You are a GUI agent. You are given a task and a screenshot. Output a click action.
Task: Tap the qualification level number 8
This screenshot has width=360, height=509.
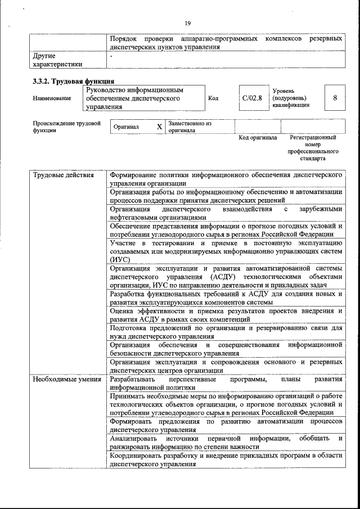pyautogui.click(x=335, y=98)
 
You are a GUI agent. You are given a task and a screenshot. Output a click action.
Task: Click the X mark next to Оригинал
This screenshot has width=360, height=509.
pyautogui.click(x=159, y=127)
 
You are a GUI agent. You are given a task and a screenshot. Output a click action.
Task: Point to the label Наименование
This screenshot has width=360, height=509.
pyautogui.click(x=52, y=98)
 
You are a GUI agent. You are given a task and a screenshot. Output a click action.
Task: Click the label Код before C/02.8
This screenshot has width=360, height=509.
pyautogui.click(x=213, y=98)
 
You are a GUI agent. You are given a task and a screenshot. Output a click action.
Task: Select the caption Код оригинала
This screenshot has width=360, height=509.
pyautogui.click(x=258, y=137)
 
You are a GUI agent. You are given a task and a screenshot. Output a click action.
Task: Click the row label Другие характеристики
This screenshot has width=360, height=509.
pyautogui.click(x=57, y=60)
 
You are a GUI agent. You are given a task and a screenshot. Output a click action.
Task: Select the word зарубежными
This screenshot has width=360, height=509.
pyautogui.click(x=321, y=209)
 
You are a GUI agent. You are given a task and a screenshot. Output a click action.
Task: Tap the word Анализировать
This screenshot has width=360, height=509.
pyautogui.click(x=134, y=438)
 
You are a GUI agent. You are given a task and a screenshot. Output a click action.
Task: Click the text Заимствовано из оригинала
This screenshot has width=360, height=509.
pyautogui.click(x=189, y=127)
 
